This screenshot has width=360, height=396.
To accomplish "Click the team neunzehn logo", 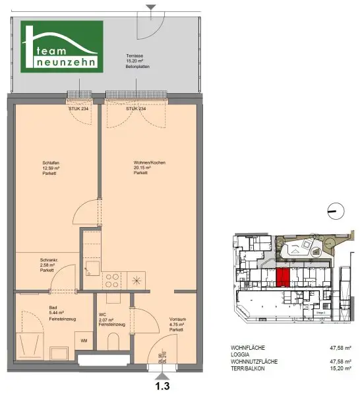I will [61, 46].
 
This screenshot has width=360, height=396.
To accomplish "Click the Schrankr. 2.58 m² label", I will [47, 264].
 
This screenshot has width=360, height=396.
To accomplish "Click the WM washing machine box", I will [84, 339].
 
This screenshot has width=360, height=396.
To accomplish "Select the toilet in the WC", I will [113, 340].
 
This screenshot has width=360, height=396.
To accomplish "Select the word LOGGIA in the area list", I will [240, 354].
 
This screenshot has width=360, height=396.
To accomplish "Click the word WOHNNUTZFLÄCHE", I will [254, 361].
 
